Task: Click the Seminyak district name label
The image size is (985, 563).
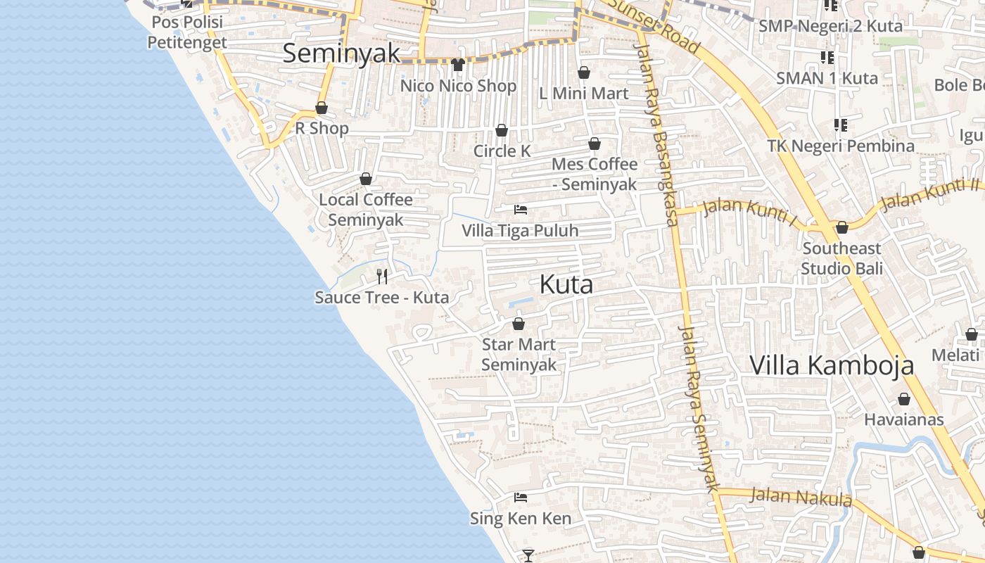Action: (341, 53)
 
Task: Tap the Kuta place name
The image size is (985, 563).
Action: (566, 285)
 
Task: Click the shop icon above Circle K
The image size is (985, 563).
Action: (502, 130)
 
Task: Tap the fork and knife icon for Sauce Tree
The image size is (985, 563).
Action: (382, 276)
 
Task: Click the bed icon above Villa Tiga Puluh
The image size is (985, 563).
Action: (521, 210)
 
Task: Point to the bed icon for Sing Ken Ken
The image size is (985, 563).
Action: (521, 498)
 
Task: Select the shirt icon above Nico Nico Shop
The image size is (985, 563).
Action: (458, 65)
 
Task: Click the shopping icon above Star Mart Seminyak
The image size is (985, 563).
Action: (519, 324)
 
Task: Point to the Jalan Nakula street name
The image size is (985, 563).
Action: (801, 497)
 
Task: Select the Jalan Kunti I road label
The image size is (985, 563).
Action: (750, 211)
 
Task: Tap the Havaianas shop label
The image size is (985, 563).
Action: (903, 419)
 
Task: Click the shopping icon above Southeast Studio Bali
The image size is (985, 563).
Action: (841, 227)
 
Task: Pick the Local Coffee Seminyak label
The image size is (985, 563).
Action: (366, 210)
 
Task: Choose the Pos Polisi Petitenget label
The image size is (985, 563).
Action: (187, 32)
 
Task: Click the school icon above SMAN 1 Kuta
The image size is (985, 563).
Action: (827, 57)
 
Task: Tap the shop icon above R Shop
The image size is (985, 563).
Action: (322, 108)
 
